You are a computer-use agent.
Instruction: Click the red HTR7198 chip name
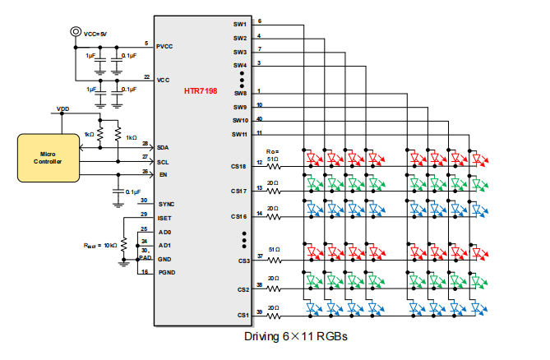201,90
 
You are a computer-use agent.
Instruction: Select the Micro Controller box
47,157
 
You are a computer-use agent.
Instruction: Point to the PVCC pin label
165,47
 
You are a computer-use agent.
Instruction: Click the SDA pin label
163,148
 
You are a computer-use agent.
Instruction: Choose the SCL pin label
163,162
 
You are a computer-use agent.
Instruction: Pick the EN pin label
161,175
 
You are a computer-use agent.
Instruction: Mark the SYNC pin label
165,204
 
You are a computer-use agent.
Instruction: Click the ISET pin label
164,218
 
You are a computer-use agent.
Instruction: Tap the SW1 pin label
239,25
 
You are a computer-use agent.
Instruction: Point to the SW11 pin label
239,134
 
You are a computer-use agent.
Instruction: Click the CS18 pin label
238,166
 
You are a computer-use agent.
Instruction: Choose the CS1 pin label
243,315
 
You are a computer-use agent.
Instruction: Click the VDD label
62,108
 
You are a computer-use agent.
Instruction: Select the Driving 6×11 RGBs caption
296,337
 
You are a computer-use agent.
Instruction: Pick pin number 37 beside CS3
260,256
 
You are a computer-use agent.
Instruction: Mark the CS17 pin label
238,191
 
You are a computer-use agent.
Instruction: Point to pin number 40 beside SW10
260,118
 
